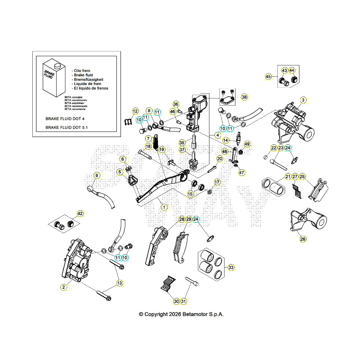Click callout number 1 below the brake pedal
pos(164,208)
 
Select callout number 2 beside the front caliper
pos(64,287)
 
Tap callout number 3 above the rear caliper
pos(303,100)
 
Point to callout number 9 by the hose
pos(97,176)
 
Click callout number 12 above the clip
pos(135,111)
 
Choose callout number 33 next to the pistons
pos(231,267)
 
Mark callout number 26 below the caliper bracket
pos(303,239)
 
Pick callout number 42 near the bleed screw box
pos(80,213)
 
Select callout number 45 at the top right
pos(269,76)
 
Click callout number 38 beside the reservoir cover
pos(244,97)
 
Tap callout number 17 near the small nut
pos(217,182)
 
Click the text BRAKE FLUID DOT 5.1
pos(66,127)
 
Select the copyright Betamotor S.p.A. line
pos(181,314)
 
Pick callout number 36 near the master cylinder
pos(176,104)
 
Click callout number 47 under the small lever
pos(241,172)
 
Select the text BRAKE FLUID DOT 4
pos(65,119)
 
